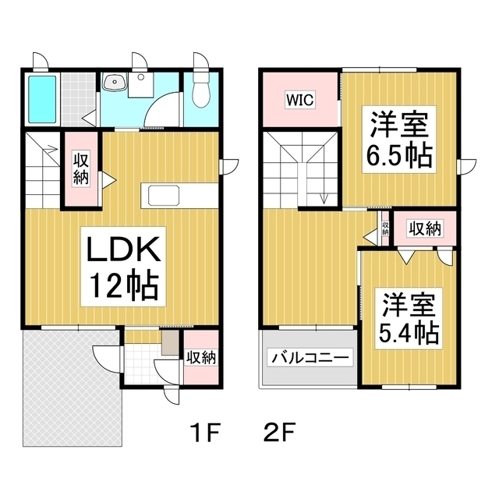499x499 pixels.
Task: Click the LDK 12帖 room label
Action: click(123, 267)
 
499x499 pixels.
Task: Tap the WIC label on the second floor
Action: click(299, 100)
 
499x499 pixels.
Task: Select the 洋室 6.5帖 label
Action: click(399, 140)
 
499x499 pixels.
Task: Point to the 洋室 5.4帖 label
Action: click(409, 319)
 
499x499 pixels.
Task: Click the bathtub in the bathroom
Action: click(42, 99)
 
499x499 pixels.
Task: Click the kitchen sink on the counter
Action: click(164, 195)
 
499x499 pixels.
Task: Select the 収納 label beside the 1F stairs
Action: click(81, 168)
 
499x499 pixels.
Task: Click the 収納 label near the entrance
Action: click(201, 357)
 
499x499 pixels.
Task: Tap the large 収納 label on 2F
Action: click(425, 228)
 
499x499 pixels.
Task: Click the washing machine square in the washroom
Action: click(140, 85)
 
